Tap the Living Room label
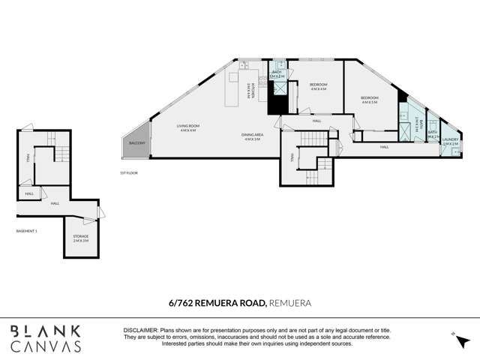[x=187, y=128]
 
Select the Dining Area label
[x=250, y=137]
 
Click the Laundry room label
[x=450, y=140]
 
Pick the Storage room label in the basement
[x=80, y=238]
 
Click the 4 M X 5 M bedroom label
[x=370, y=100]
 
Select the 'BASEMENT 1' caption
[x=27, y=231]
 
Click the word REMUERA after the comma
[x=289, y=304]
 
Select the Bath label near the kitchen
[x=277, y=74]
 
